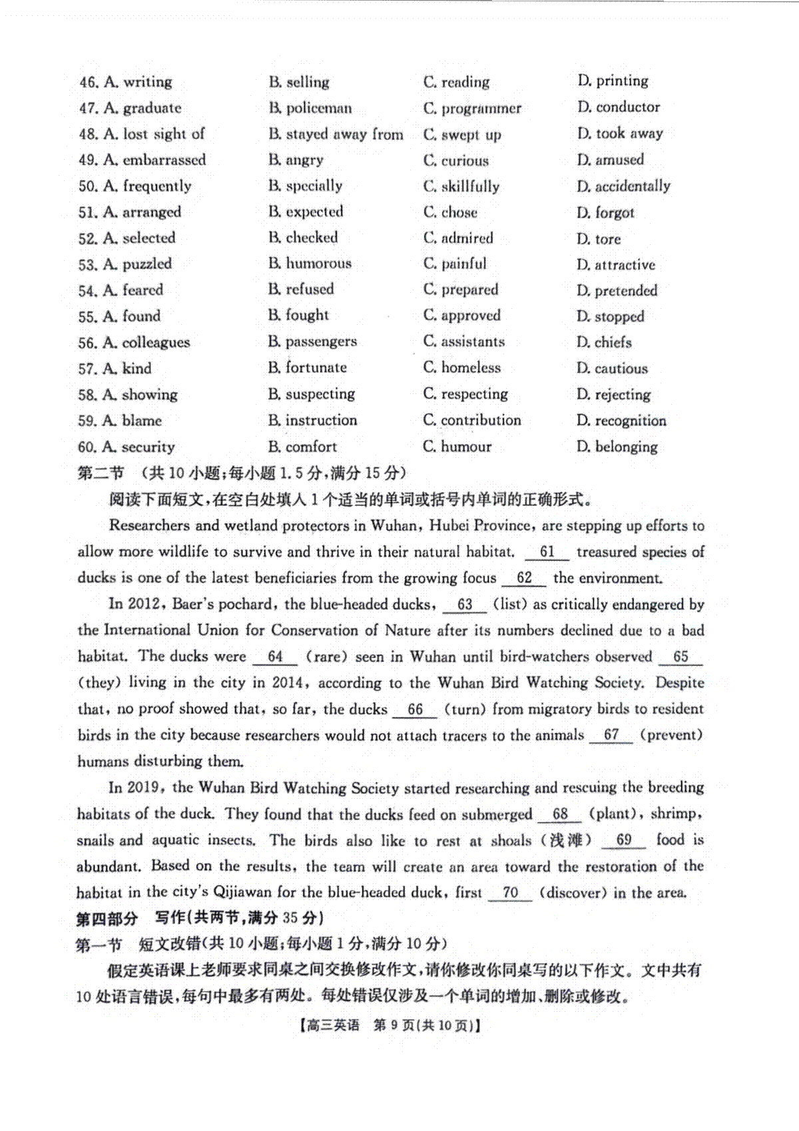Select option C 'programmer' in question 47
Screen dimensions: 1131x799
point(472,109)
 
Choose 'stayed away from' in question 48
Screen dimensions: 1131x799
point(336,134)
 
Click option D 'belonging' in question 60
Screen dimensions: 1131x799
point(617,447)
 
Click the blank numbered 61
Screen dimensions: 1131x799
point(547,552)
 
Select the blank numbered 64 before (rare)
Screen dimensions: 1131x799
point(275,657)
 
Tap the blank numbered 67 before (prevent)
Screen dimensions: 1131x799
point(611,736)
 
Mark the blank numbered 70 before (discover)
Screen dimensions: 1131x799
point(510,893)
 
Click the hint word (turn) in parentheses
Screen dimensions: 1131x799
point(464,710)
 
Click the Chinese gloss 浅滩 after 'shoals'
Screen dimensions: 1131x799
point(567,841)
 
